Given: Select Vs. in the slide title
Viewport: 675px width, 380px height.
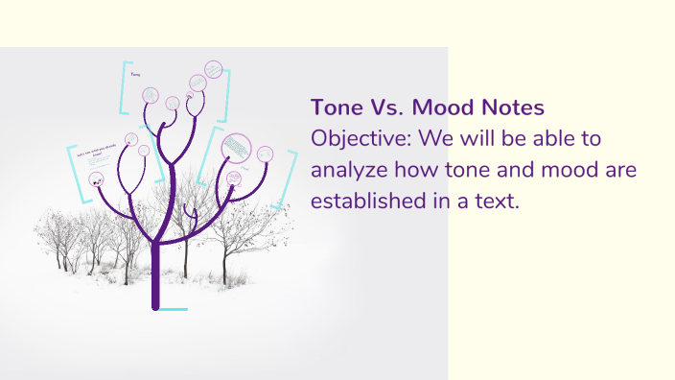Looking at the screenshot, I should [387, 107].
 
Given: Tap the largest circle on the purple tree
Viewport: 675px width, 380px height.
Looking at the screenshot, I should [235, 147].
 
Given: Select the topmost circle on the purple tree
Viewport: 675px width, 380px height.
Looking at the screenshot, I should [213, 69].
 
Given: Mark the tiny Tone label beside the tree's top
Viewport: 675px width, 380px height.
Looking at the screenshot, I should [135, 74].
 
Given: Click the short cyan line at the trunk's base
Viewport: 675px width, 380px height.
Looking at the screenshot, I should [173, 309].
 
